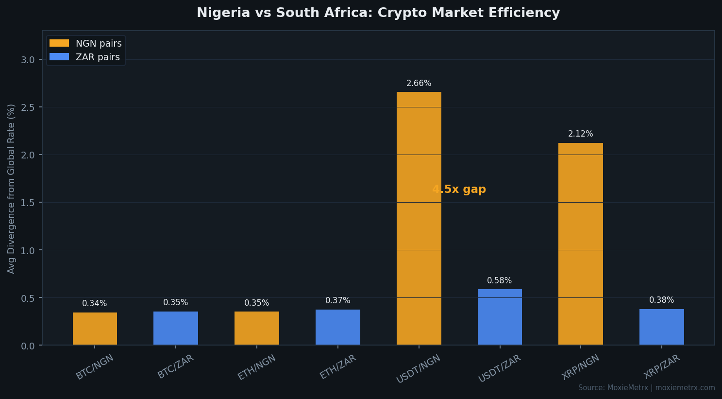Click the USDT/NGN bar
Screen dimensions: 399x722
[419, 218]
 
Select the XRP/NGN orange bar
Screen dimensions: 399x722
[580, 243]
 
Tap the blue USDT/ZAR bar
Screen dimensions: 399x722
[500, 317]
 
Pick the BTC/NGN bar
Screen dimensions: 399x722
[95, 329]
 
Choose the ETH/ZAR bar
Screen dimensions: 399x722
[337, 327]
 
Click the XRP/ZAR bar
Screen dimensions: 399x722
[661, 327]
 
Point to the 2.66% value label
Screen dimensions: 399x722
[419, 84]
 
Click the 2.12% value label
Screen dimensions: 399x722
[580, 134]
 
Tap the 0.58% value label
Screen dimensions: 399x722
[499, 281]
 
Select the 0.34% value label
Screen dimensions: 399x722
[94, 304]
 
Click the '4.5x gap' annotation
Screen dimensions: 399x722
[459, 190]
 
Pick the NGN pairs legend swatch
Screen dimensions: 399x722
[59, 43]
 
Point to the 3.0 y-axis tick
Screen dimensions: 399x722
[28, 60]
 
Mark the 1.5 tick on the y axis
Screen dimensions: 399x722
[28, 203]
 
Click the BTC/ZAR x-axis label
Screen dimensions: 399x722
[176, 367]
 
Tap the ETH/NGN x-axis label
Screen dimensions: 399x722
[257, 367]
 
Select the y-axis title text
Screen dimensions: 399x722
[12, 189]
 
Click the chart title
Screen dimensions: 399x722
[378, 13]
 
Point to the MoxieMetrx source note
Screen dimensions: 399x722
[646, 388]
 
